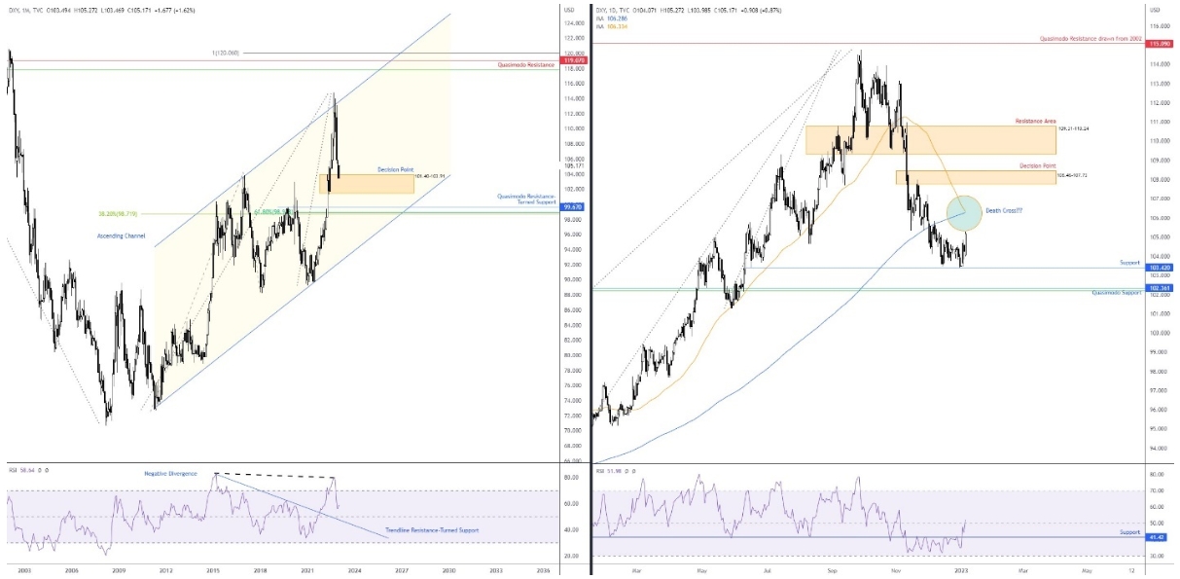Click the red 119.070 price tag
click(574, 60)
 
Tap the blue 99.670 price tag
click(574, 206)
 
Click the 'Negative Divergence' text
click(170, 473)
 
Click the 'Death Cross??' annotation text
click(1005, 210)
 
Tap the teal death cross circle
click(963, 212)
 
